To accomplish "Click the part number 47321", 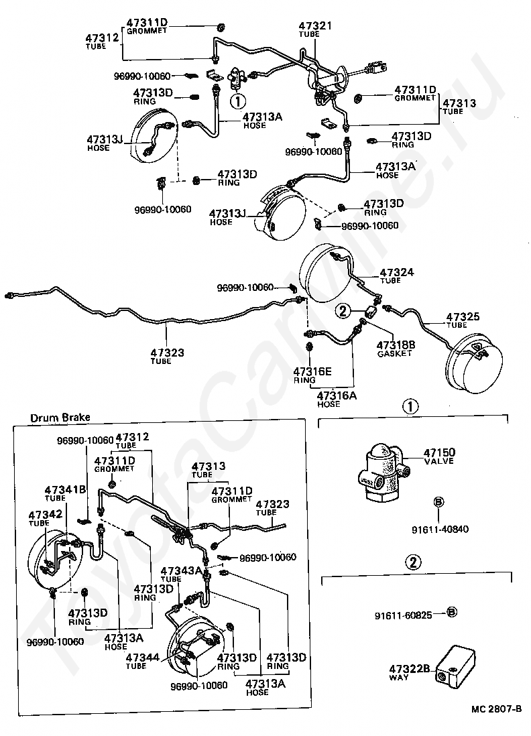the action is click(x=315, y=25).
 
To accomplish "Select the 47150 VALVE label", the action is click(x=439, y=456).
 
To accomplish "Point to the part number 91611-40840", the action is click(x=440, y=529).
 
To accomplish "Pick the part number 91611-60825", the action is click(x=404, y=615).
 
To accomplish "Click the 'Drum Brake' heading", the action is click(x=60, y=418).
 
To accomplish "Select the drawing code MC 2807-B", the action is click(x=496, y=709).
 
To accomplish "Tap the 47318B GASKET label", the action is click(x=396, y=349).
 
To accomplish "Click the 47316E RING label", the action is click(x=312, y=375).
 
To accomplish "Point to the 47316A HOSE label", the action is click(x=337, y=399).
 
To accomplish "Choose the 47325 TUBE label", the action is click(x=463, y=320).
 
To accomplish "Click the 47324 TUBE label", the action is click(x=397, y=275).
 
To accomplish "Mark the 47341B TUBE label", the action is click(x=65, y=493).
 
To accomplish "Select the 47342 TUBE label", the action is click(x=45, y=518).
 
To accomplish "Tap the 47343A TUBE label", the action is click(x=181, y=574).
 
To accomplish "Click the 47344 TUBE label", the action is click(x=143, y=661).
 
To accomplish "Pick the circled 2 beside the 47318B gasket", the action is click(x=343, y=310).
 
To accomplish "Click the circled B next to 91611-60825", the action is click(x=451, y=612).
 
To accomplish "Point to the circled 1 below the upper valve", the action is click(x=238, y=101).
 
